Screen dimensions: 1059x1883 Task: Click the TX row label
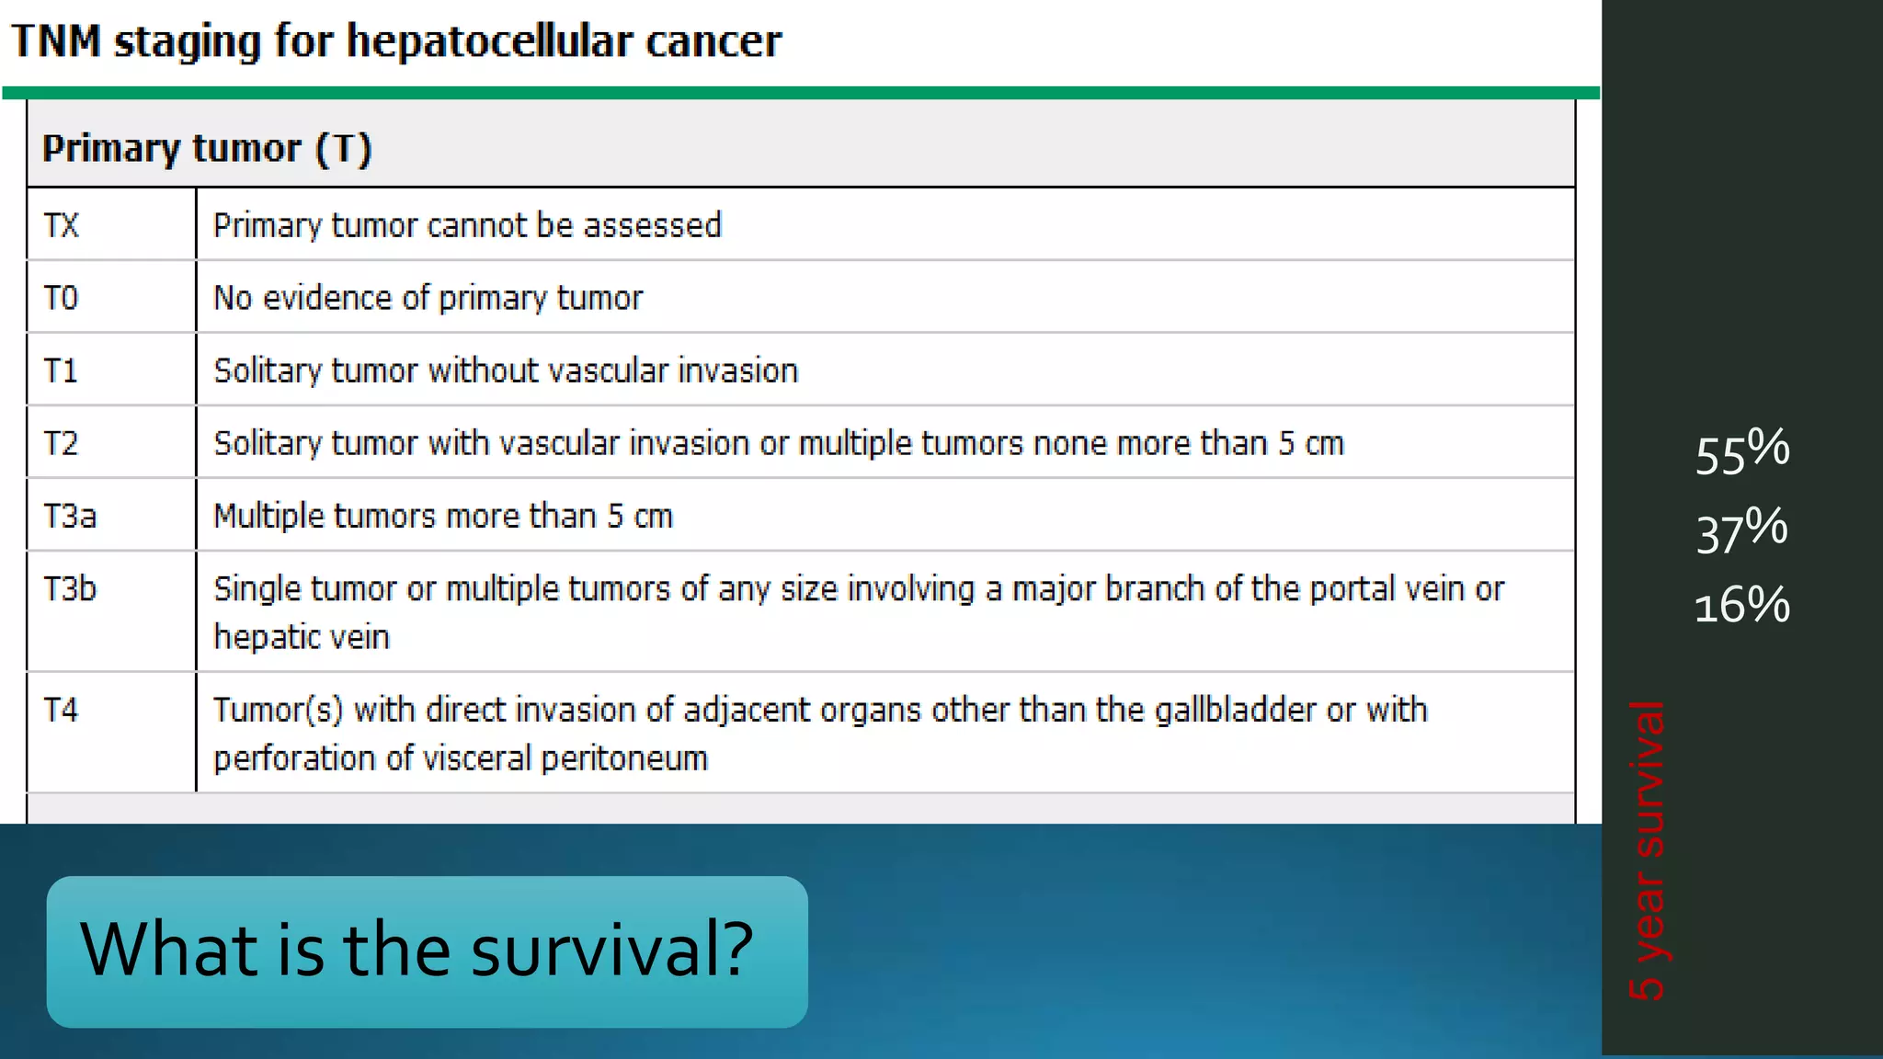coord(62,225)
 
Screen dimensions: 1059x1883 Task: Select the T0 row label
coord(62,298)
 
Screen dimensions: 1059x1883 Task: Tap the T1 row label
coord(62,370)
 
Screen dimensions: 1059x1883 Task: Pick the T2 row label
coord(62,443)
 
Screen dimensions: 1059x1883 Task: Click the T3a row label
coord(70,516)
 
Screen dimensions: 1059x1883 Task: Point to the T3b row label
coord(70,588)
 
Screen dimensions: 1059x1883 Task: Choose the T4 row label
coord(62,710)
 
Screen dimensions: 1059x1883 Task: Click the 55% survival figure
coord(1741,451)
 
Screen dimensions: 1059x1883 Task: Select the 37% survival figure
coord(1741,530)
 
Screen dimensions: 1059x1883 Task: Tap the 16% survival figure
coord(1741,606)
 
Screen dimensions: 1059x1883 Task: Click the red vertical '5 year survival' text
coord(1647,850)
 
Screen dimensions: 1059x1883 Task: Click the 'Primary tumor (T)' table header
coord(207,149)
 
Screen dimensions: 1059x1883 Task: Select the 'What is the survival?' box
coord(427,951)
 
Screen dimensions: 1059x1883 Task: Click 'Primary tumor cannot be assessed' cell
coord(467,225)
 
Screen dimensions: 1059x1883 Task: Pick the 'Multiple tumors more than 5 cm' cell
coord(443,516)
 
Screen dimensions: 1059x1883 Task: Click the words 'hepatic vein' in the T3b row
coord(302,637)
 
